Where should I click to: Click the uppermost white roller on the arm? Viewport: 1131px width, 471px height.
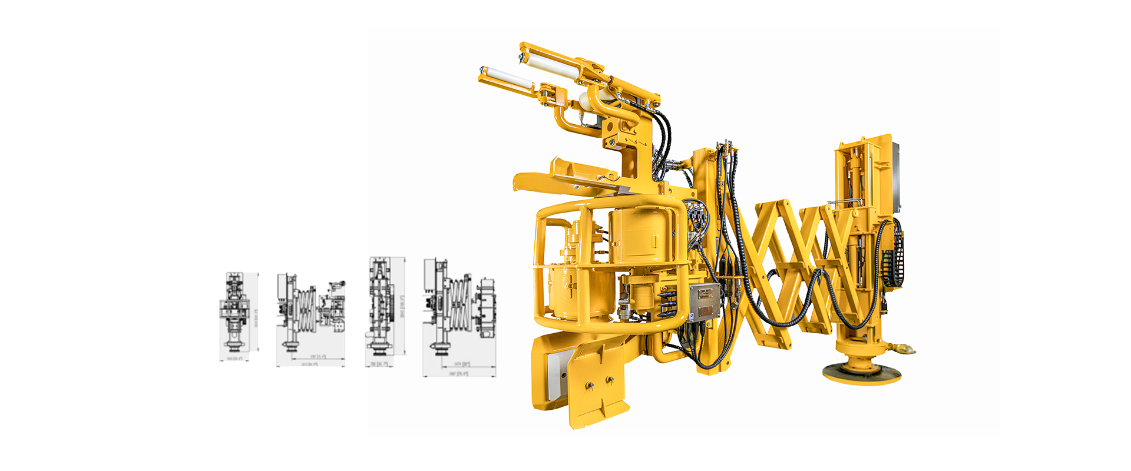tap(545, 59)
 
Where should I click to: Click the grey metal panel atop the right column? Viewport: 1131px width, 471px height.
tap(896, 177)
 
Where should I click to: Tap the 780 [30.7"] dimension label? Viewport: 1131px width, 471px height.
tap(379, 364)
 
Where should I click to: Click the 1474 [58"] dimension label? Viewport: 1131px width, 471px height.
tap(462, 364)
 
